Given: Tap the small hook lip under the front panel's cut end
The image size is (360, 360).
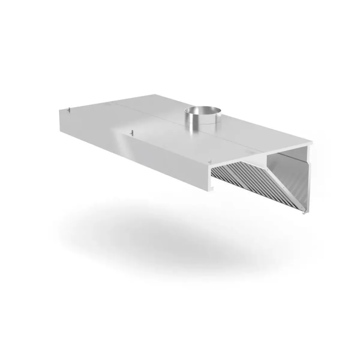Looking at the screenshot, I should point(211,189).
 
